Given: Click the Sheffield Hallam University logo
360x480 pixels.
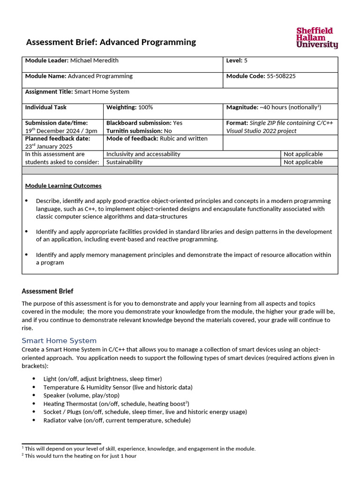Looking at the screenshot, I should pos(317,38).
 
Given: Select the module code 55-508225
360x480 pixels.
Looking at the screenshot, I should pos(281,76).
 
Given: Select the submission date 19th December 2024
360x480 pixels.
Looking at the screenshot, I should pos(61,131).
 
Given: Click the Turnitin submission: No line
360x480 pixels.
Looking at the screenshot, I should pos(139,131).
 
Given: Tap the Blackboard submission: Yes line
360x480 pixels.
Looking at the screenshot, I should pos(144,123).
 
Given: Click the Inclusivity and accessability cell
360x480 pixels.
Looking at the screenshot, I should pos(143,154).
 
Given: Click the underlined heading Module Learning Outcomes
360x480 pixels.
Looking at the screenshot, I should pos(63,186).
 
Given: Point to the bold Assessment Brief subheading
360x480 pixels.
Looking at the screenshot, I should pos(47,291).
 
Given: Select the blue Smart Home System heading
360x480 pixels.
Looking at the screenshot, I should pos(59,341).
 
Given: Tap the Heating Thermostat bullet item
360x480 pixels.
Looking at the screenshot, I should pos(116,404).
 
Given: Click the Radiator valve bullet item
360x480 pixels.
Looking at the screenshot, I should pos(117,420).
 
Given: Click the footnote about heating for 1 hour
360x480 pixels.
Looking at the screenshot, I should pos(81,456).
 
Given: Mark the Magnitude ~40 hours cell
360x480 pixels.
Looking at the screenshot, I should pos(274,107).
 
